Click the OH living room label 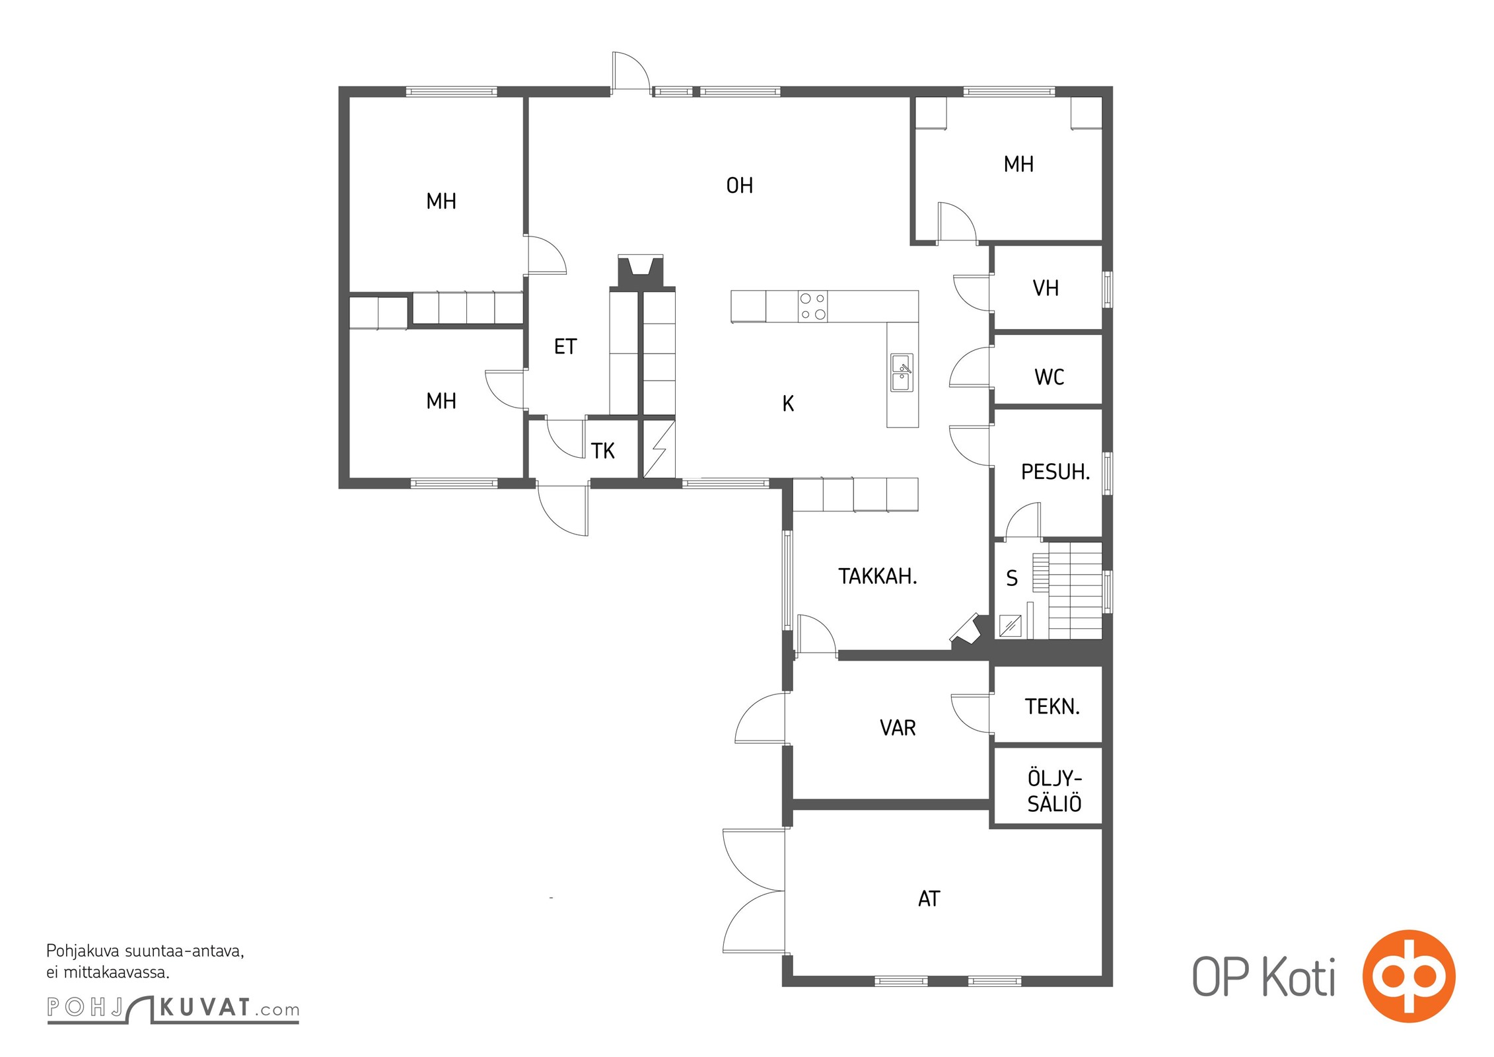click(x=739, y=186)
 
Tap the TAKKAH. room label click(x=877, y=577)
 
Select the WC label click(x=1049, y=377)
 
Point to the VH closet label click(x=1046, y=288)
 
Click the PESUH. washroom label click(x=1055, y=472)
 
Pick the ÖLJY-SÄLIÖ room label click(x=1054, y=791)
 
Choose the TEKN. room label click(x=1052, y=707)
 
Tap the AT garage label click(x=929, y=898)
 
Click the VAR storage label click(x=898, y=728)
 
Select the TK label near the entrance click(x=602, y=451)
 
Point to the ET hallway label click(x=565, y=347)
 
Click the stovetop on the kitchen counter click(x=812, y=307)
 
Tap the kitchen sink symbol click(x=902, y=373)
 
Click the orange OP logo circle click(x=1408, y=976)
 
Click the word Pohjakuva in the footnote click(x=83, y=952)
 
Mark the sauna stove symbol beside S click(x=1010, y=626)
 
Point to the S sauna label click(x=1011, y=579)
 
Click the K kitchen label click(x=787, y=404)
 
